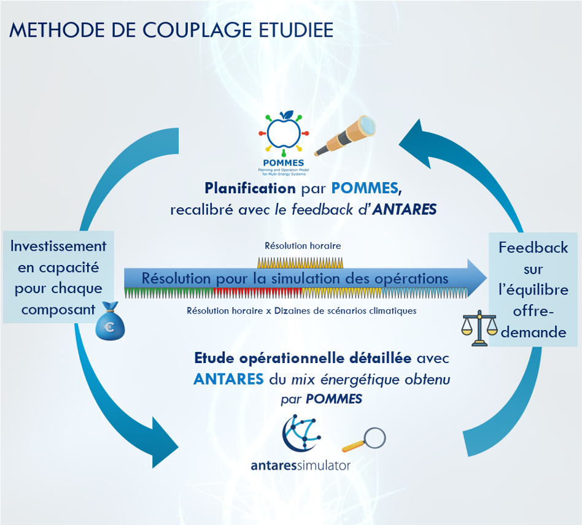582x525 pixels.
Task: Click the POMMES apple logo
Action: pyautogui.click(x=282, y=134)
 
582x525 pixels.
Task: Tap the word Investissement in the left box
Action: pyautogui.click(x=58, y=246)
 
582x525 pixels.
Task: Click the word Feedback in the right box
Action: pyautogui.click(x=533, y=248)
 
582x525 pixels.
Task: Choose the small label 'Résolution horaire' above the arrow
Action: pyautogui.click(x=303, y=245)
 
